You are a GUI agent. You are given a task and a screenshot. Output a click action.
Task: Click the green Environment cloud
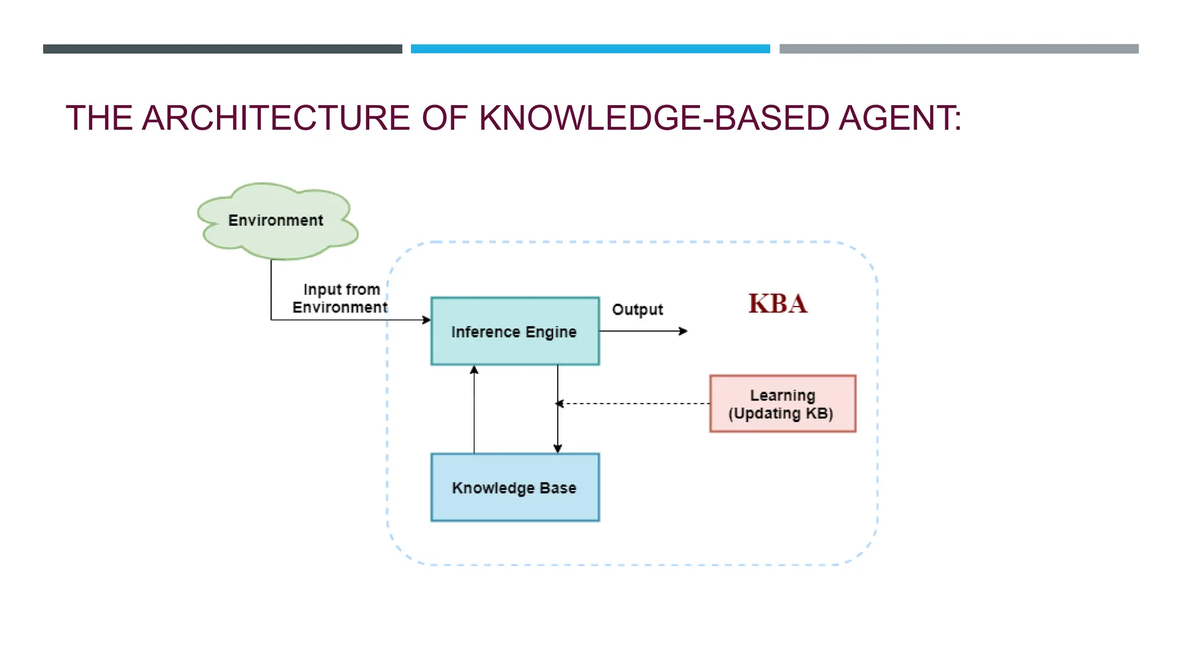pos(277,221)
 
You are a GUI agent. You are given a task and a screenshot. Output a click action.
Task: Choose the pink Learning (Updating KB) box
pos(782,404)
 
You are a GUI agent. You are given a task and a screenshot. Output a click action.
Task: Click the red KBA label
pos(777,304)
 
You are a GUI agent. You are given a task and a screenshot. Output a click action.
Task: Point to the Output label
pos(637,310)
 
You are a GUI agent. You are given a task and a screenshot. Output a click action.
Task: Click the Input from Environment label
pos(341,298)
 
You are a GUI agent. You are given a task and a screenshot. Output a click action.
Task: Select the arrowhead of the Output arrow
pos(683,331)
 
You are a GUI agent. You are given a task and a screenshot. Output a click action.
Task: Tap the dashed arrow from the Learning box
pos(635,404)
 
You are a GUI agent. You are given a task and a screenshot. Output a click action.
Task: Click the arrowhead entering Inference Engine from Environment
pos(427,320)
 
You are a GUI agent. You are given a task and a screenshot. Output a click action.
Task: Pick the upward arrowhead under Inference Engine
pos(474,370)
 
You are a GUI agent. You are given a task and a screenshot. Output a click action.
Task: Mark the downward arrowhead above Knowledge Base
pos(558,449)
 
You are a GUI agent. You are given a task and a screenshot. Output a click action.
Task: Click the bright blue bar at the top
pos(590,49)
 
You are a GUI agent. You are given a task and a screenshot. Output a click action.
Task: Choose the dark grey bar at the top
pos(222,49)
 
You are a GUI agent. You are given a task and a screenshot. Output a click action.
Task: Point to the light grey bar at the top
pos(959,49)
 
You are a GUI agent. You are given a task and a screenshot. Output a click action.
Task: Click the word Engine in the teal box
pos(551,332)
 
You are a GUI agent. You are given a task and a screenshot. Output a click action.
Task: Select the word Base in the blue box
pos(558,488)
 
